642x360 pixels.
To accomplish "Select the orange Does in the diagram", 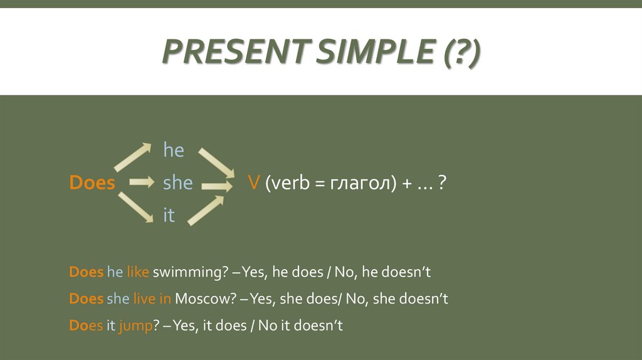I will coord(92,183).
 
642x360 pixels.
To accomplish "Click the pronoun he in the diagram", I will coord(173,150).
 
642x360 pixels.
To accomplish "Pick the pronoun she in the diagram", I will coord(177,183).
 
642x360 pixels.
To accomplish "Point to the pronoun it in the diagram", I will coord(169,216).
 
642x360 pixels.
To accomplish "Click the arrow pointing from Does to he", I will coord(133,157).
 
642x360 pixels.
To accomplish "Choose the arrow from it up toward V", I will coord(206,210).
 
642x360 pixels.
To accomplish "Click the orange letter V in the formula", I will coord(254,183).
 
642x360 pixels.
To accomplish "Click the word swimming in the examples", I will coord(186,273).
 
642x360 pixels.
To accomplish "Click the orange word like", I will coord(137,273).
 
